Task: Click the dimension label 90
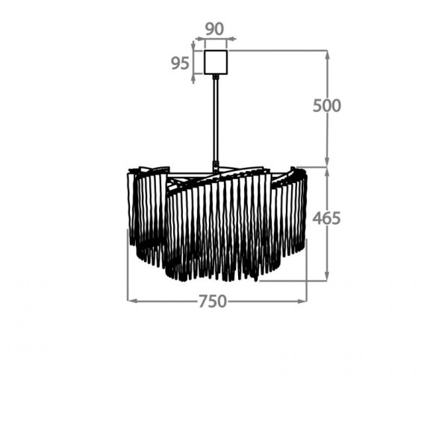[214, 29]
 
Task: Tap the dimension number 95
[180, 63]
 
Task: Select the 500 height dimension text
[327, 105]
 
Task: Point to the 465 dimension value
[326, 219]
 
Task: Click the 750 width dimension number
[213, 302]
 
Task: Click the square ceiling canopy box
[216, 62]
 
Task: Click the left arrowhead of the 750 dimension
[133, 301]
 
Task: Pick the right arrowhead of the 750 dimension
[302, 301]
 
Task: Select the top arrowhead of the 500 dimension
[327, 56]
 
